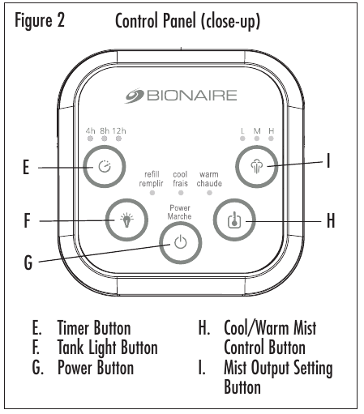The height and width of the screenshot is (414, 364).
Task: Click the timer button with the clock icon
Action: pyautogui.click(x=104, y=168)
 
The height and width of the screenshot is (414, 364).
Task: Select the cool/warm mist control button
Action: pyautogui.click(x=234, y=220)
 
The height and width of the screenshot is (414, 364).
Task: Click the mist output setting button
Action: pyautogui.click(x=259, y=168)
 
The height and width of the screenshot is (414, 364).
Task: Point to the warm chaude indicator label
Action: pyautogui.click(x=209, y=179)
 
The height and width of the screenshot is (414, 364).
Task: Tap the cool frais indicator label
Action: pyautogui.click(x=181, y=179)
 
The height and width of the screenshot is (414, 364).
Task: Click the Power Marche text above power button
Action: pyautogui.click(x=179, y=212)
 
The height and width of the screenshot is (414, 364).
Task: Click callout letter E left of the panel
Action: pyautogui.click(x=26, y=169)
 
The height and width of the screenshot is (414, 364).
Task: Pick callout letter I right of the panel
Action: pyautogui.click(x=329, y=161)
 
